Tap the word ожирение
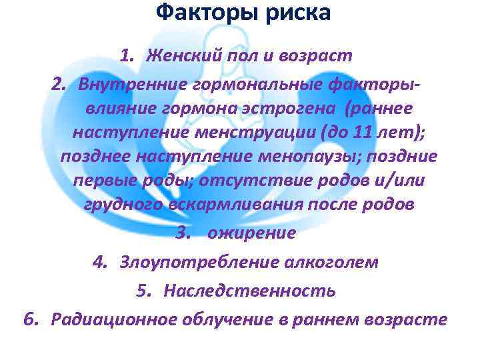coord(251,233)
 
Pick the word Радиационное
coord(114,320)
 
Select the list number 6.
coord(30,320)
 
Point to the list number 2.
coord(59,85)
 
